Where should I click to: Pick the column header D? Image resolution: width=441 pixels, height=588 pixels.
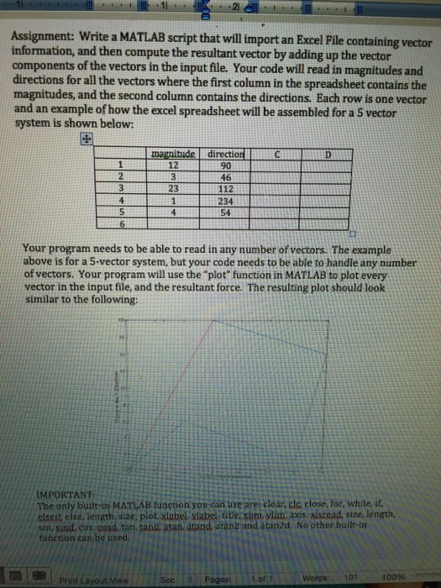pyautogui.click(x=329, y=155)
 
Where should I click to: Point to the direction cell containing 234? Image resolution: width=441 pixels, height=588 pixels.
pyautogui.click(x=224, y=202)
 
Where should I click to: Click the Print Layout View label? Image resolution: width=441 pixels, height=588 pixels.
pyautogui.click(x=90, y=577)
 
